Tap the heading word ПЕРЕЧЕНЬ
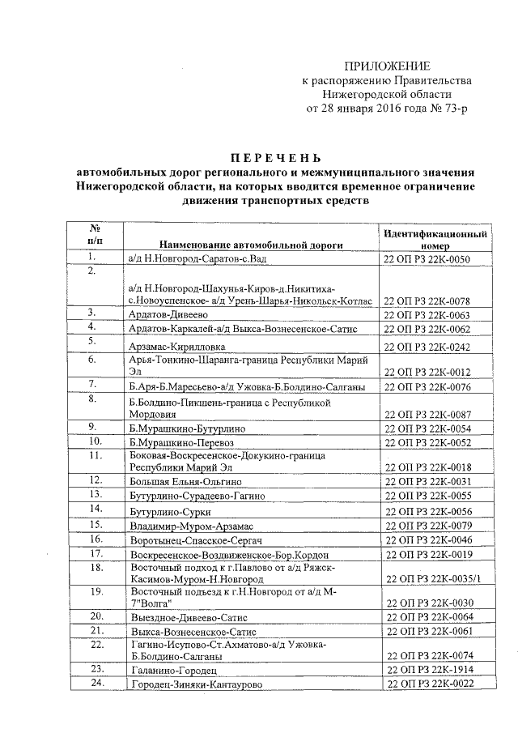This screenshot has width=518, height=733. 275,156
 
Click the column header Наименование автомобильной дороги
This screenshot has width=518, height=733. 252,244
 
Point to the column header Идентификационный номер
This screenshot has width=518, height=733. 435,238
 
